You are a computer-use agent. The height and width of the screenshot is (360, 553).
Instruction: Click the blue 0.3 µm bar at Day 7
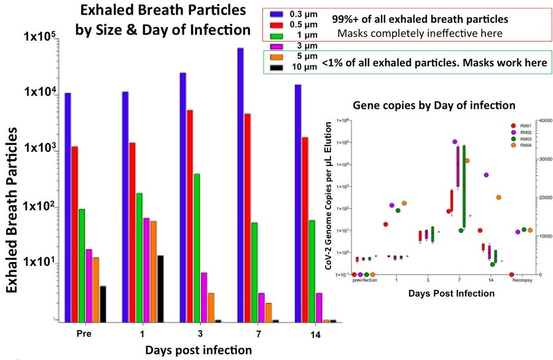(x=241, y=184)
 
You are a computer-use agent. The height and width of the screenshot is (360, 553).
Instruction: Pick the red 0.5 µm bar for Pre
(x=74, y=233)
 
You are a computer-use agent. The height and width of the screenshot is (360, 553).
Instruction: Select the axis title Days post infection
(x=198, y=350)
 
